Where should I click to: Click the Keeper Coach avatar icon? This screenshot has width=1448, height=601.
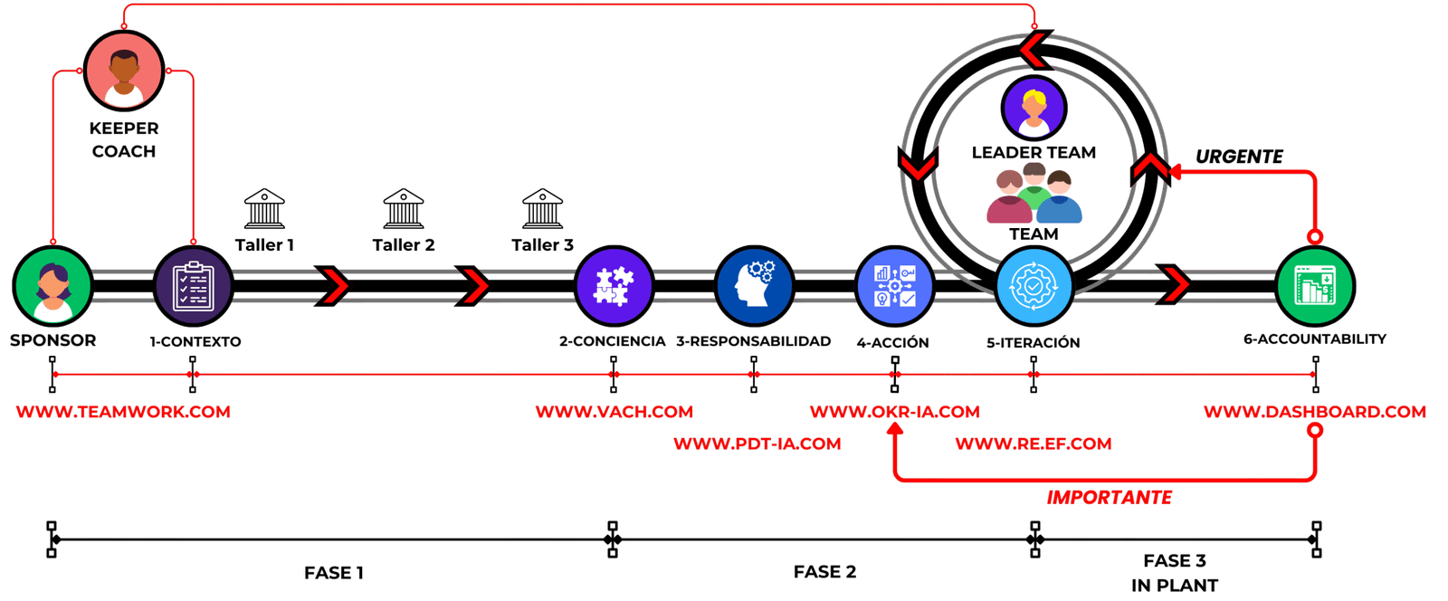click(123, 70)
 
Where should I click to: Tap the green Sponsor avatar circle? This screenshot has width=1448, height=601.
click(52, 285)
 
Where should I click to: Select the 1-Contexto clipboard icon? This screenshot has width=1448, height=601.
click(193, 285)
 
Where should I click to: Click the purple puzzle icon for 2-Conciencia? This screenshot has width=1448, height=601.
click(614, 285)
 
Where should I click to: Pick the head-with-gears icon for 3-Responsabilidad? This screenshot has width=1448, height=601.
click(754, 285)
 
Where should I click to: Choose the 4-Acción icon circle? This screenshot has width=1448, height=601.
click(894, 285)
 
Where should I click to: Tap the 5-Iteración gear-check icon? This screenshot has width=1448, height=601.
click(1034, 285)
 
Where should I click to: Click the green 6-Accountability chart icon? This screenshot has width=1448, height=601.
click(1315, 285)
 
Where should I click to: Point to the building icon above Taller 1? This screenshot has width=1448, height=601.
click(264, 209)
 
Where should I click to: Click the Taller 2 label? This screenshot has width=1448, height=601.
click(404, 244)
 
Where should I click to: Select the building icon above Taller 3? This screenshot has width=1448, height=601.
click(542, 209)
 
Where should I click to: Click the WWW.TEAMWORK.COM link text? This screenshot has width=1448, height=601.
click(123, 412)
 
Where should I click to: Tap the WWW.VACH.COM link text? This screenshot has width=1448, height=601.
click(614, 412)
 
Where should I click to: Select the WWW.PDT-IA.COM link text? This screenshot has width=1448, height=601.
click(757, 444)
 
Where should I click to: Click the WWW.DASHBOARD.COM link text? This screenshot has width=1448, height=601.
click(1314, 412)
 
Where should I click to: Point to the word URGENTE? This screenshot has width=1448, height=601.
click(1239, 157)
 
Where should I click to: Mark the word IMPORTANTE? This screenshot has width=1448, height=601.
click(1110, 497)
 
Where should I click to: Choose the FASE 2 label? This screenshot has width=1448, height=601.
click(824, 571)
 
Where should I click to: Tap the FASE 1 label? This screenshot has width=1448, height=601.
click(334, 572)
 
